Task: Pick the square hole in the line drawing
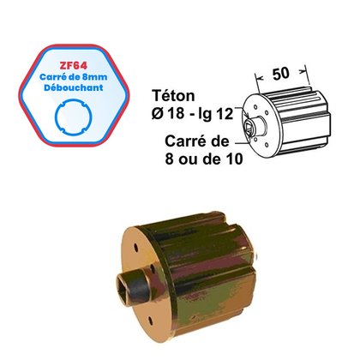[x=249, y=129]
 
